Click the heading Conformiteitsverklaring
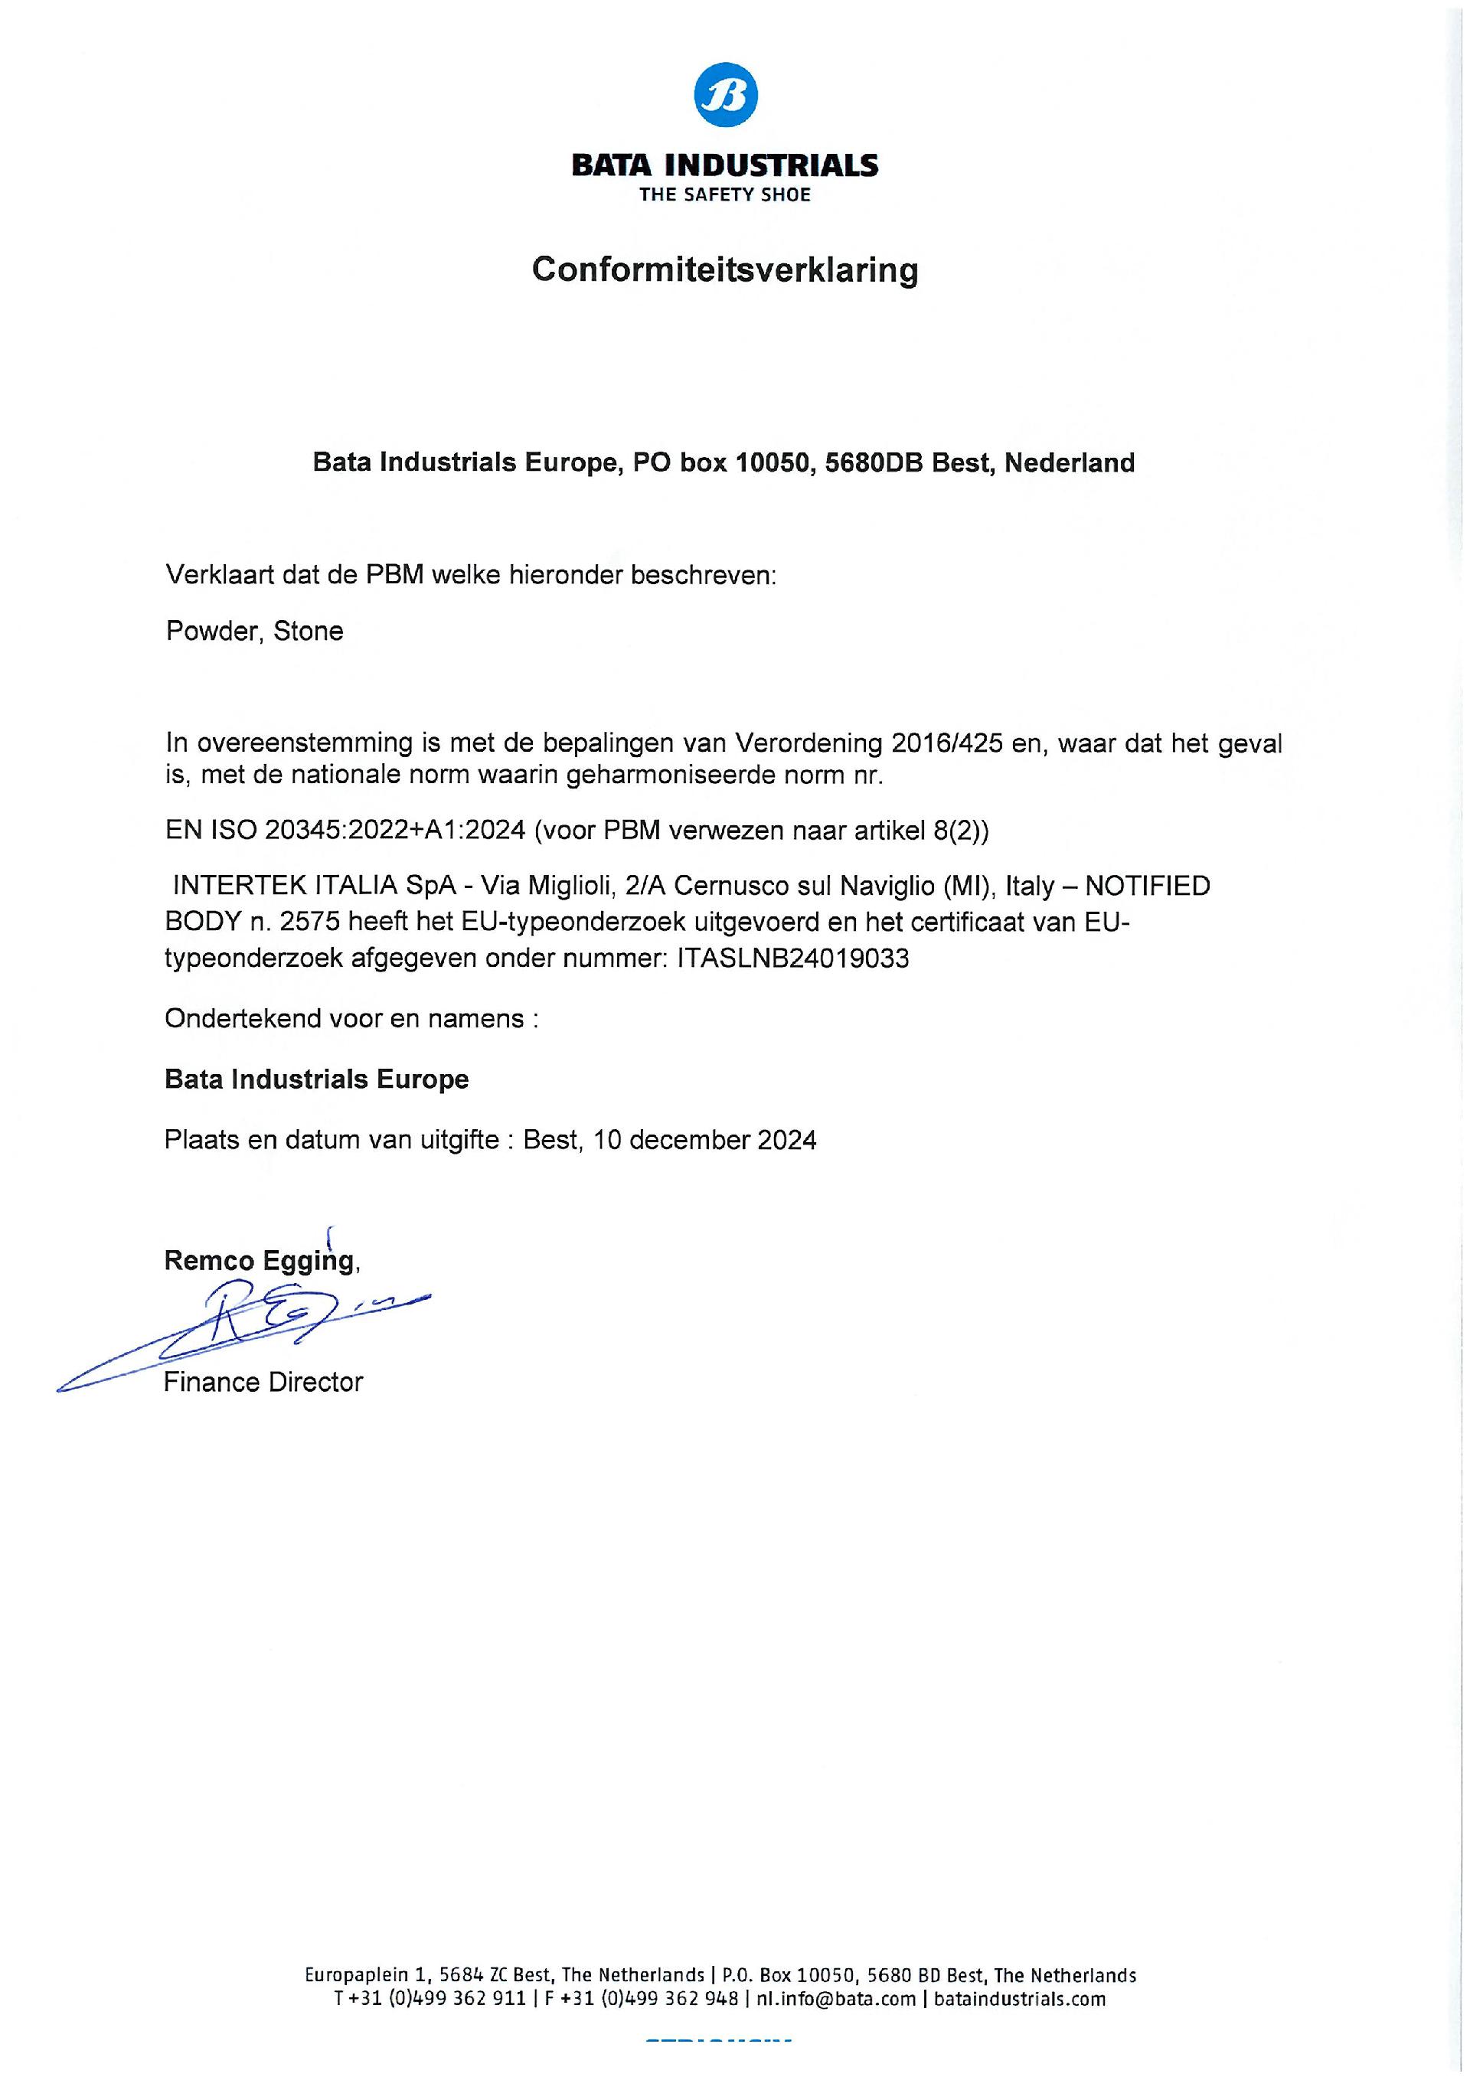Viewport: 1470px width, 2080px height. tap(725, 270)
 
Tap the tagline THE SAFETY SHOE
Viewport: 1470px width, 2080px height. tap(725, 194)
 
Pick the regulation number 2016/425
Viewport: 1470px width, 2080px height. tap(947, 744)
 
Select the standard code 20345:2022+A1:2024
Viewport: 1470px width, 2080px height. tap(395, 831)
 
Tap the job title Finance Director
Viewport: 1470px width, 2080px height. tap(263, 1383)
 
